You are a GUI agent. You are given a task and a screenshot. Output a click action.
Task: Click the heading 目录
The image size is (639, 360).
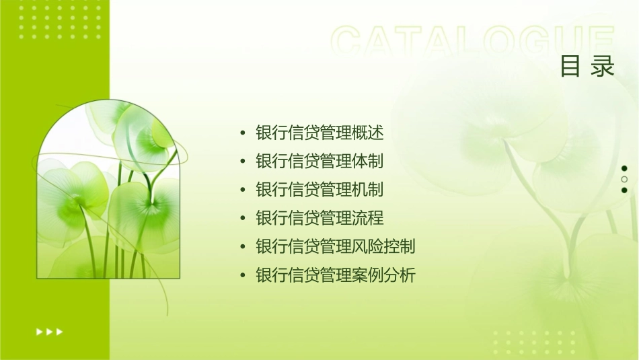coord(587,66)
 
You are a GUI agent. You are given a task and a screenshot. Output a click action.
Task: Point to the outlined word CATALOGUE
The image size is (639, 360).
coord(473,42)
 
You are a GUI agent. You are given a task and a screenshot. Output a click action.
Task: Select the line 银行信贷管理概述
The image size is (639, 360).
coord(319,133)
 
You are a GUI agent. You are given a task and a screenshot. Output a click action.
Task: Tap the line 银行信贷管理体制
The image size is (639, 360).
coord(319,161)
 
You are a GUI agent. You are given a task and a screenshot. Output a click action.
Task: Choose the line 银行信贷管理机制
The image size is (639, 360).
coord(319,190)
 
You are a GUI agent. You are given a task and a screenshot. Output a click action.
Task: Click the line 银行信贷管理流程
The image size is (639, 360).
coord(319,218)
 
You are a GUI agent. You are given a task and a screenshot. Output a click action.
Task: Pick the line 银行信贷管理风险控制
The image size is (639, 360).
coord(336,246)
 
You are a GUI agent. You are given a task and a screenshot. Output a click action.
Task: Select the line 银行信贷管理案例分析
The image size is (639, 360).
coord(336,275)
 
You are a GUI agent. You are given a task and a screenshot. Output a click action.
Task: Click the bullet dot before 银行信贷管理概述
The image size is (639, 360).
coord(243,133)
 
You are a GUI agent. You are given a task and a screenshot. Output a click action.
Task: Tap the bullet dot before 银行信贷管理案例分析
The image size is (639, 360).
coord(243,275)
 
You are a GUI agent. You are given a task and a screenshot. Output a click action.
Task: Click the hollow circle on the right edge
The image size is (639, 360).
coord(624,179)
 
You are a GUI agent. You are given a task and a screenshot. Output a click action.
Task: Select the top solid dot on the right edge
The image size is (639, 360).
coord(624,168)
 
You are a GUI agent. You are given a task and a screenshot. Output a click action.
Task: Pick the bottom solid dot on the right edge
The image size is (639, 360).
coord(624,190)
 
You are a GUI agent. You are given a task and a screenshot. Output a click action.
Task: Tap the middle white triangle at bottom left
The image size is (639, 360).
coord(49,331)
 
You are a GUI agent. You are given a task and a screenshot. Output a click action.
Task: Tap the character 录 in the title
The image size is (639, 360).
coord(603,66)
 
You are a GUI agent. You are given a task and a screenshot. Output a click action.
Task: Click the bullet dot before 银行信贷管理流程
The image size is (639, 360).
coord(243,218)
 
